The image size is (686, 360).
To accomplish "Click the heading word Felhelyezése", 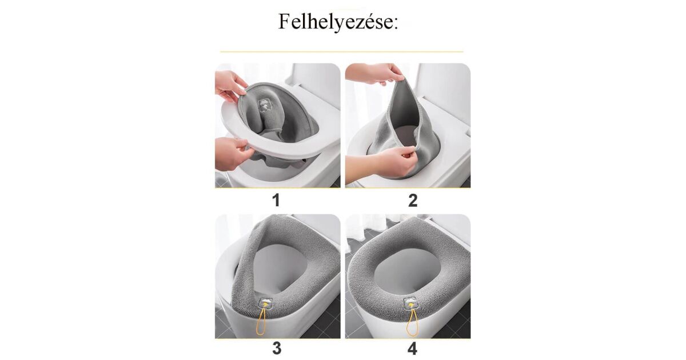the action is click(338, 22).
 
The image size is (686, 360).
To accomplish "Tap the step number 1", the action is click(276, 201).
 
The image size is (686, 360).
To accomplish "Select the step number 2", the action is click(413, 201).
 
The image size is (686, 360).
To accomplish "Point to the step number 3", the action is click(277, 349).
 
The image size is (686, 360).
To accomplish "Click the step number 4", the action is click(412, 349).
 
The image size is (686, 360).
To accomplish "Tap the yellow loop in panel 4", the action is click(411, 323).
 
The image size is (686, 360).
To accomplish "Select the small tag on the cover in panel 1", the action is click(265, 105).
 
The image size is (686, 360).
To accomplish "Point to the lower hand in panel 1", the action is click(233, 154).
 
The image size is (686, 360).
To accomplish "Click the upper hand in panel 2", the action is click(374, 74).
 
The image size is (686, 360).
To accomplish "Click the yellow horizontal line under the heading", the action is click(341, 52).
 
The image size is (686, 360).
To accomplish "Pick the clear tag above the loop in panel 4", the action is click(409, 303).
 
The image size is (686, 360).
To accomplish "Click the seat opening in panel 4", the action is click(407, 271).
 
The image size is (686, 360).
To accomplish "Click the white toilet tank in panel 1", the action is click(316, 80).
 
